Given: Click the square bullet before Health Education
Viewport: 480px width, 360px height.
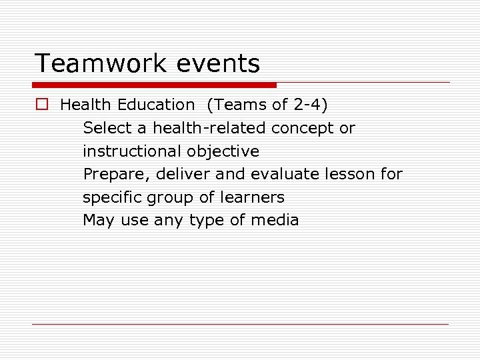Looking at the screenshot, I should coord(43,105).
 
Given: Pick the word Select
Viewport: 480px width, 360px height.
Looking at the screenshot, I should coord(107,128).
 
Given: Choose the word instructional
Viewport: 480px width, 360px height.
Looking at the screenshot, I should coord(132,151).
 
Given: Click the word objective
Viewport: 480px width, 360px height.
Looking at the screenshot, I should coord(223,151).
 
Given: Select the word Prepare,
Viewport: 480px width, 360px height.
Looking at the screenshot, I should coord(117,175).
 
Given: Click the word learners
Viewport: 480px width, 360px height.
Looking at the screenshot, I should coord(256,197).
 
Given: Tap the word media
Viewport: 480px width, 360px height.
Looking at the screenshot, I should coord(275,220).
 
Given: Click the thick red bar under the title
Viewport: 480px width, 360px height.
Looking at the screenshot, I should coord(154,85).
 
